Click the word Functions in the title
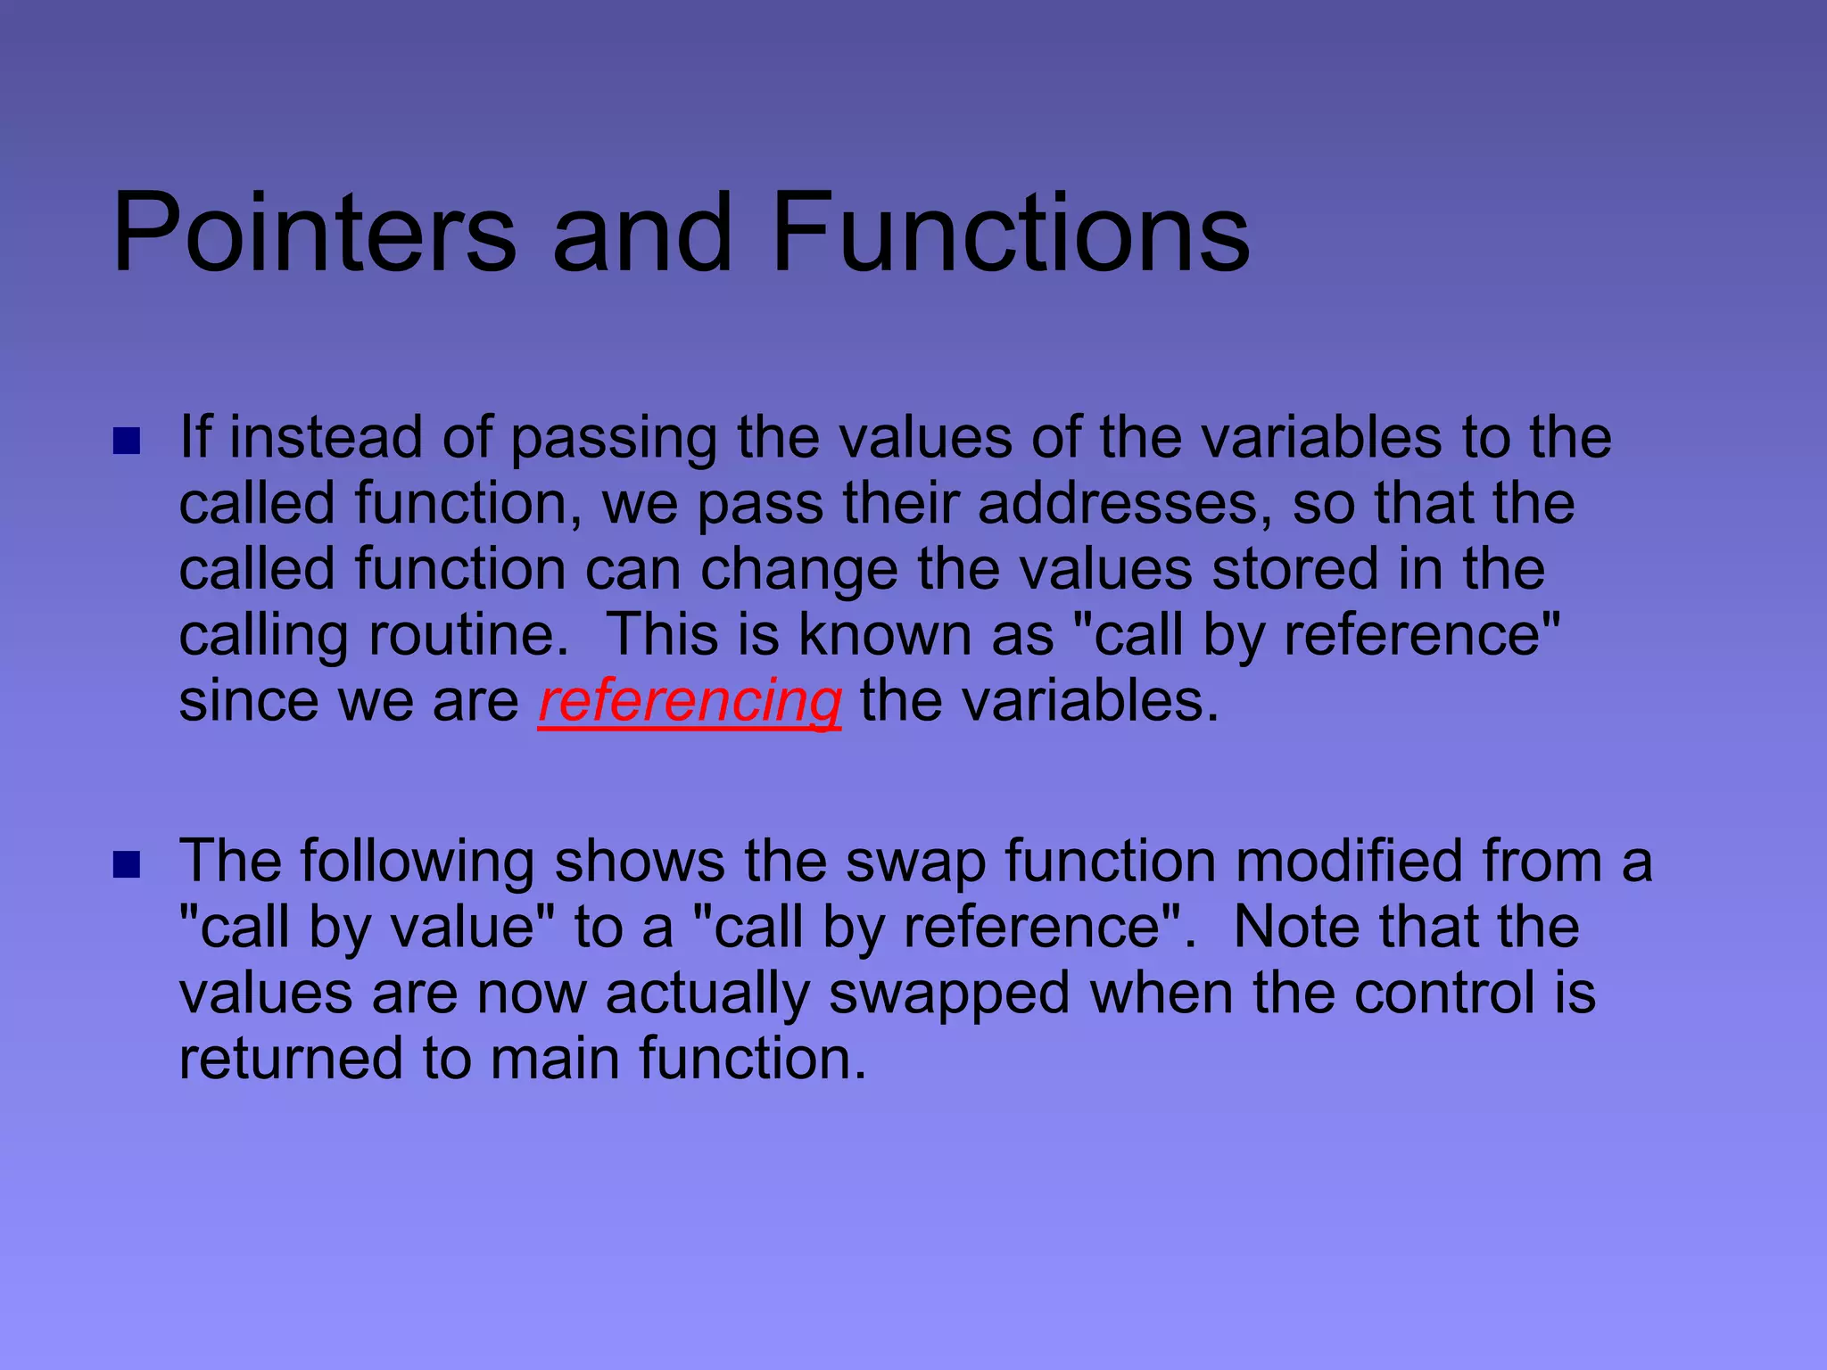[x=1011, y=234]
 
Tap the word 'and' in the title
[x=642, y=234]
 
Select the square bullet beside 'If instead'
[x=128, y=441]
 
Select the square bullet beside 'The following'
[x=128, y=864]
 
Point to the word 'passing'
[x=614, y=440]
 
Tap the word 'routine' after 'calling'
[x=467, y=636]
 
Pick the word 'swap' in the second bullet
[x=915, y=862]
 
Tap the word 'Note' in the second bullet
[x=1297, y=928]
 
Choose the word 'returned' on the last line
[x=291, y=1060]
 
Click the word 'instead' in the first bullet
[x=326, y=438]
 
